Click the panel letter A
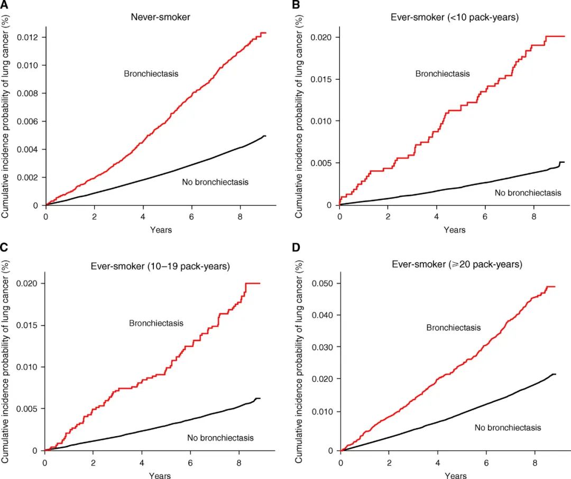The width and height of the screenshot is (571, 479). (4, 5)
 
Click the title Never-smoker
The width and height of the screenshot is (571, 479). (161, 17)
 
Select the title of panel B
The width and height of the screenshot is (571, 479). (455, 17)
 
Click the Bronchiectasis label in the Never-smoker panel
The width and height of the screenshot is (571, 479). (151, 74)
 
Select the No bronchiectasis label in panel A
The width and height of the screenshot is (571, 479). (215, 182)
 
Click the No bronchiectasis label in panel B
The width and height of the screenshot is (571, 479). (528, 192)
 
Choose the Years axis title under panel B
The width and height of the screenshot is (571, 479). (455, 230)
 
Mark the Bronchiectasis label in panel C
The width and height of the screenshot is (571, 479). (156, 323)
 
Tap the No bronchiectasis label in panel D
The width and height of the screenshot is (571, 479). (508, 427)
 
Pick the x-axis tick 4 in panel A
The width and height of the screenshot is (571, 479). (143, 217)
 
